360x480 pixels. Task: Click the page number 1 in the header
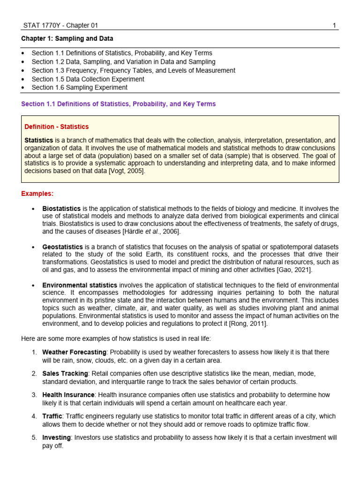334,26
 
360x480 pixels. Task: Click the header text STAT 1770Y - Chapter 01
60,26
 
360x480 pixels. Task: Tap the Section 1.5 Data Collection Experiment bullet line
88,79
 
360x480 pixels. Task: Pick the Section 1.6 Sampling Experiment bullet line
79,87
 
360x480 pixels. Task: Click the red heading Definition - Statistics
56,127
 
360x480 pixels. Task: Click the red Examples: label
37,194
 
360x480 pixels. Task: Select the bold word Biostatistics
61,208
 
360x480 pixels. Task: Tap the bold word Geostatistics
62,247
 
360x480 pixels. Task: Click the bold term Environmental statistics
80,285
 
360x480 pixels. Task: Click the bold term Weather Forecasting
74,352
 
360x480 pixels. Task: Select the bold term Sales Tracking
65,374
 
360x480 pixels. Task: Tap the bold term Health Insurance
68,395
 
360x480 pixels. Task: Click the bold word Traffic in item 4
52,416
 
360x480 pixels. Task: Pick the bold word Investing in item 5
56,437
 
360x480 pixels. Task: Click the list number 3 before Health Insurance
34,395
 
